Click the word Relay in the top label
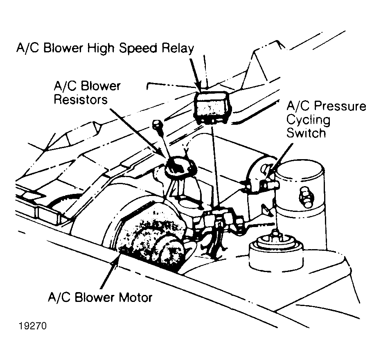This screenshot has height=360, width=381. (178, 48)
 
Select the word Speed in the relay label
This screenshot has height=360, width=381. (138, 48)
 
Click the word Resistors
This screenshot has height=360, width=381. (81, 99)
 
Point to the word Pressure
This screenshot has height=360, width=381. (340, 106)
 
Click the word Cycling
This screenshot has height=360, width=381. (308, 120)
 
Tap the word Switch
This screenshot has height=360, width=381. (306, 133)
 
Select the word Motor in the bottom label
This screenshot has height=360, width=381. (135, 298)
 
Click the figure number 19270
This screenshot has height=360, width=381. (32, 326)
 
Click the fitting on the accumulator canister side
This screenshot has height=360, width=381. (306, 197)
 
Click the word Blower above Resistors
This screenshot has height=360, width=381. (100, 86)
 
